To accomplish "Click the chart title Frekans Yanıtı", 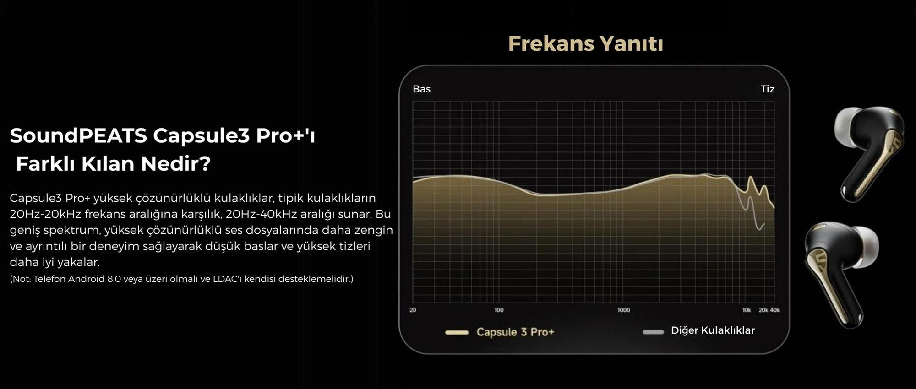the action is pos(585,44).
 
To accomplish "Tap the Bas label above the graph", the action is pos(421,89).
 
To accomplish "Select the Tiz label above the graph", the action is pos(768,89).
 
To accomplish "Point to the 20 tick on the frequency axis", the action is pos(413,310).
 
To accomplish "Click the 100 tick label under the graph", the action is pos(499,310).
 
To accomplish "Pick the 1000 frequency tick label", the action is pos(623,310).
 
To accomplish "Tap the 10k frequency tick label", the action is pos(747,310).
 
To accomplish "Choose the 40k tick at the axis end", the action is pos(774,310).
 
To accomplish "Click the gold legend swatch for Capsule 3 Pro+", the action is pos(457,332).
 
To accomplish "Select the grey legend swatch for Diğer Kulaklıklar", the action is pos(653,332).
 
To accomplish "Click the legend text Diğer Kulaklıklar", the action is pos(713,330).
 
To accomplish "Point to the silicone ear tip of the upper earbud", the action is pos(848,126).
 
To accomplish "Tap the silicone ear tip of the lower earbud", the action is pos(865,247).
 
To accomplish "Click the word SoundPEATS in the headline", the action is pos(78,135).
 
